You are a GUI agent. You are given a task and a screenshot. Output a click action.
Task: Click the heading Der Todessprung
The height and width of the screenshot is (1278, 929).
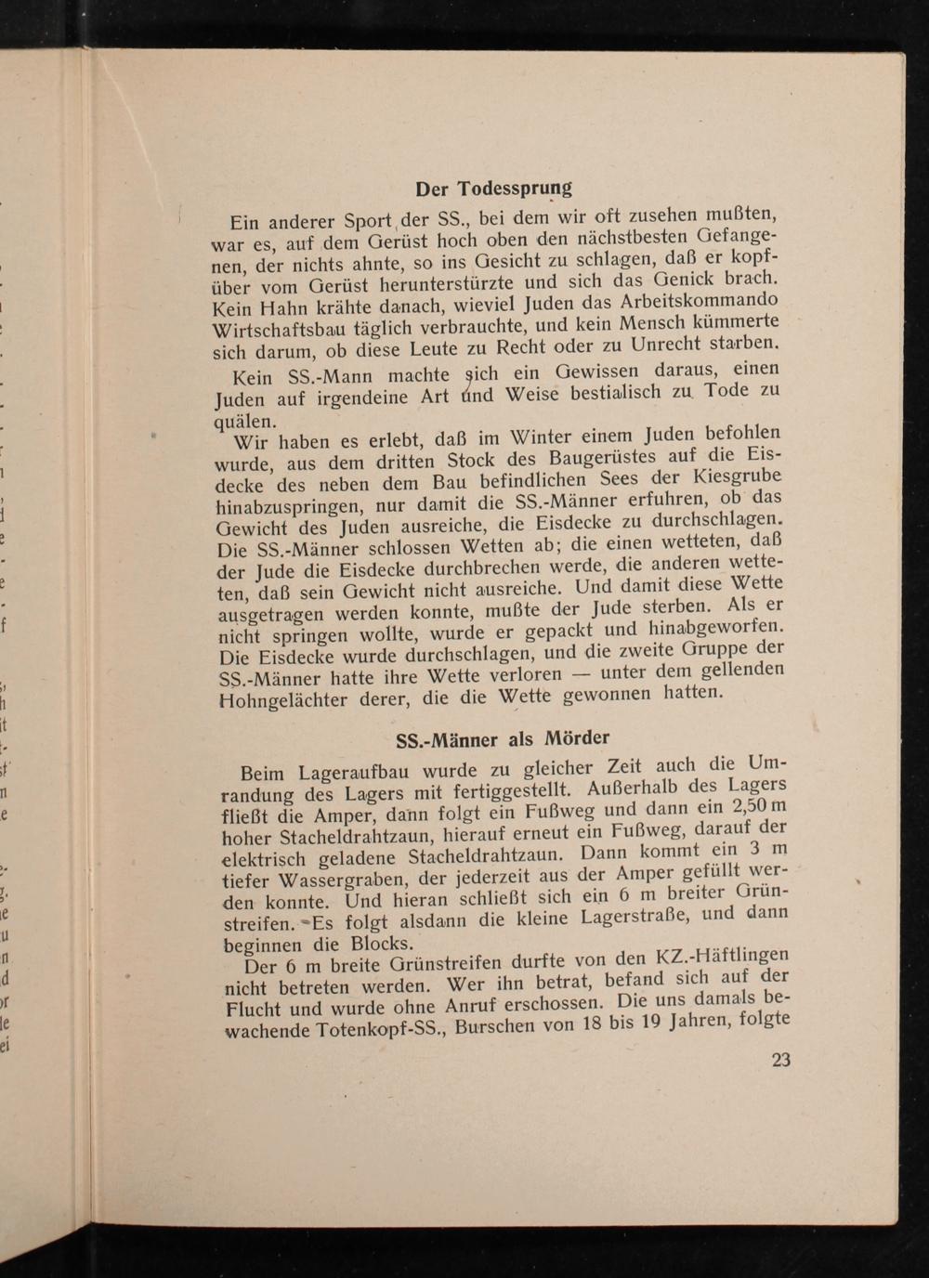(x=493, y=189)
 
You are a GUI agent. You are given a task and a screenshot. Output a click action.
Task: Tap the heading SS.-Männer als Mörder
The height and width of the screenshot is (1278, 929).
(x=502, y=740)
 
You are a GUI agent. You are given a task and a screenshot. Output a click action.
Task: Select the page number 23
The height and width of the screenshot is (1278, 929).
(x=780, y=1059)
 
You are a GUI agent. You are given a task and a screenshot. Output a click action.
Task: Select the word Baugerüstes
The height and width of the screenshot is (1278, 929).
(x=602, y=458)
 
